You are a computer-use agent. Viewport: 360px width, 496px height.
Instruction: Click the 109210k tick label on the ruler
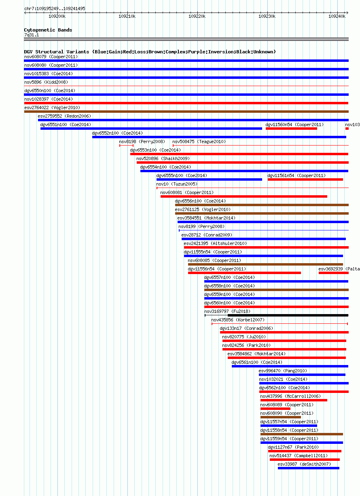[x=127, y=17]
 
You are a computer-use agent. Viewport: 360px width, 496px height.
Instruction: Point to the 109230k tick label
[x=267, y=17]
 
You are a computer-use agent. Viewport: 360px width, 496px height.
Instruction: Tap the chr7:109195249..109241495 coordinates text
[x=55, y=8]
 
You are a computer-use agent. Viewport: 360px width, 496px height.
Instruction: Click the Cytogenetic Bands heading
[x=48, y=30]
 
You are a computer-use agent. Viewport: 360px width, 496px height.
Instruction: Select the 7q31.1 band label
[x=32, y=35]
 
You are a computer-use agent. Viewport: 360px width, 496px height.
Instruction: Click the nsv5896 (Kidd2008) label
[x=46, y=82]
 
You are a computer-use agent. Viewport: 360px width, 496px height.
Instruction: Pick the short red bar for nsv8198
[x=126, y=146]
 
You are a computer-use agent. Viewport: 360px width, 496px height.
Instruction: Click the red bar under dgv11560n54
[x=291, y=129]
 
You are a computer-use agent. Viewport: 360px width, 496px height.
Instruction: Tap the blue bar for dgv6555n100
[x=209, y=179]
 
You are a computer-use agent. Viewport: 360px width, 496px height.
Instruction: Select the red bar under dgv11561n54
[x=305, y=179]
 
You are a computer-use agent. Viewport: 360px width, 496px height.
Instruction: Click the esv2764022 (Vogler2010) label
[x=52, y=108]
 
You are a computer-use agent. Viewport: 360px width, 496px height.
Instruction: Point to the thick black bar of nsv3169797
[x=288, y=315]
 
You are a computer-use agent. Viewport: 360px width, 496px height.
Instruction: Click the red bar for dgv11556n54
[x=244, y=273]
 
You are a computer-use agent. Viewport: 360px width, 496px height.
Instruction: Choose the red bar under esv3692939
[x=334, y=273]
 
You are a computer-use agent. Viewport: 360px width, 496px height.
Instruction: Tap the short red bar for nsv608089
[x=275, y=409]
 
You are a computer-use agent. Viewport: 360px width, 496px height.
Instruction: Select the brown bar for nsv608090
[x=281, y=417]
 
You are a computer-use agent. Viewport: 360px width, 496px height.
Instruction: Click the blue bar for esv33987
[x=309, y=468]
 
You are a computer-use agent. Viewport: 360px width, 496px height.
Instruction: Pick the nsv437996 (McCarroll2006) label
[x=290, y=396]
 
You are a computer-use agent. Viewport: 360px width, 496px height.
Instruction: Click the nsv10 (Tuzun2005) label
[x=177, y=184]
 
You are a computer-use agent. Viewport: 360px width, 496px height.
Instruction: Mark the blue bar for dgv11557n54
[x=289, y=426]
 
